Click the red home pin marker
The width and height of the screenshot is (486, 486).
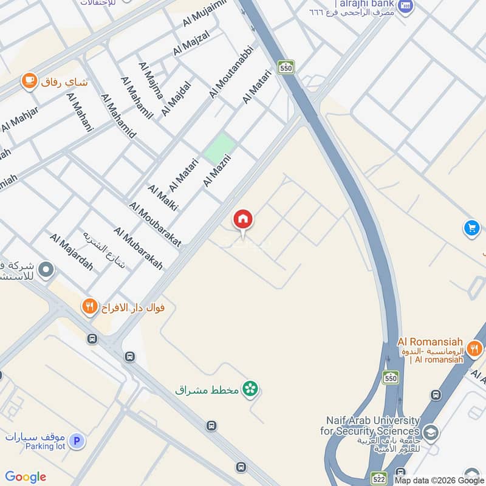pos(243,220)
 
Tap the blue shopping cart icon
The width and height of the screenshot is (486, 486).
pos(471,228)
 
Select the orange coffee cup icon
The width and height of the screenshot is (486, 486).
pos(29,81)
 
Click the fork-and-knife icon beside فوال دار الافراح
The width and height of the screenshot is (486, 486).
pos(90,307)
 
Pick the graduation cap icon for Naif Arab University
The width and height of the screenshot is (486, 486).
pos(430,433)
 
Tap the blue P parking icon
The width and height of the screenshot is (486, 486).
pos(76,441)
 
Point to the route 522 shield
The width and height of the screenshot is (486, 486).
pos(380,478)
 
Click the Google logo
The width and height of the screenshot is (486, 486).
pos(26,477)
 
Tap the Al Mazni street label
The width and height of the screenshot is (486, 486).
pos(219,170)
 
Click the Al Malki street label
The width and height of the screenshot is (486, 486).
pos(162,197)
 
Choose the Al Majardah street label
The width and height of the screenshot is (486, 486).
pos(72,252)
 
